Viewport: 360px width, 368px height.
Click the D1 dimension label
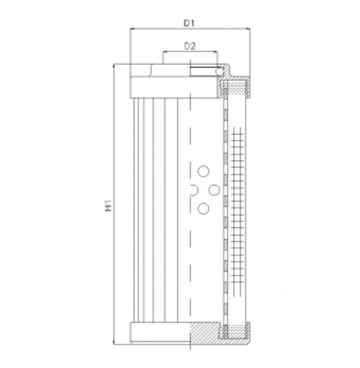[x=189, y=23]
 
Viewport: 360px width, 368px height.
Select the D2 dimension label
[x=189, y=46]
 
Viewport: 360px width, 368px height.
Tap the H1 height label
[x=107, y=205]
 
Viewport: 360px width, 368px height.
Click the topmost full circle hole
[x=202, y=171]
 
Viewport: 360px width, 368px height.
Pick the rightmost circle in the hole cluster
[x=214, y=190]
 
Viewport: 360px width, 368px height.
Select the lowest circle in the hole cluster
[x=202, y=209]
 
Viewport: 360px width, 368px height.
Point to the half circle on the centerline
[x=193, y=190]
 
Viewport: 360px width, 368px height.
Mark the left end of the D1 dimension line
[x=130, y=29]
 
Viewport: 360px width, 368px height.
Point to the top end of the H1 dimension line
[x=114, y=64]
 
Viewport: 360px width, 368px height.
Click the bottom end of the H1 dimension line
[x=114, y=344]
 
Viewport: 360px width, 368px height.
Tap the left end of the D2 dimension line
[x=162, y=52]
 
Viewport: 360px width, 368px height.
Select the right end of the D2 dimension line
[x=217, y=52]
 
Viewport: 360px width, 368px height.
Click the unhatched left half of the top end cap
[x=159, y=86]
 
